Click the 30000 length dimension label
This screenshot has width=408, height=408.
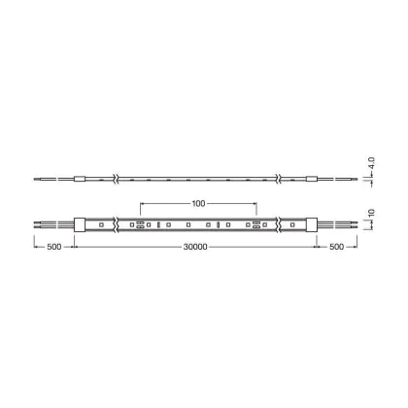[x=195, y=247]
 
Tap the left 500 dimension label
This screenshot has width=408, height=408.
[x=54, y=247]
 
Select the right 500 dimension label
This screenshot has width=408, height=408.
[x=336, y=247]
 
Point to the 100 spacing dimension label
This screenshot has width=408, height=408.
[x=198, y=203]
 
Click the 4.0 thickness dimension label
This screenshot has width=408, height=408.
[x=371, y=163]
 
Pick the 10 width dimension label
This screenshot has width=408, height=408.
[x=371, y=213]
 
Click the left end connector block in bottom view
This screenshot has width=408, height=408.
[x=80, y=224]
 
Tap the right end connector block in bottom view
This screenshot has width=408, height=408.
[x=312, y=224]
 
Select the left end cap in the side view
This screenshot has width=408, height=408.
[x=80, y=179]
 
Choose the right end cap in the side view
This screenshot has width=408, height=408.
[x=312, y=179]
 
